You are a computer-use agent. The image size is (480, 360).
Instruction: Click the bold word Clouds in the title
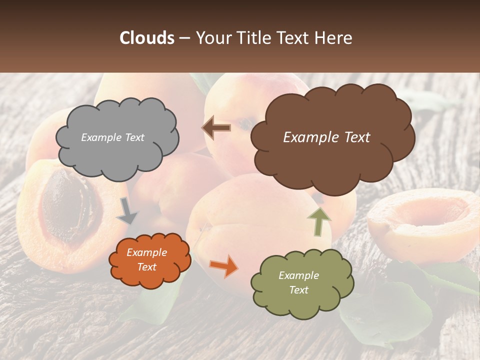[x=147, y=38]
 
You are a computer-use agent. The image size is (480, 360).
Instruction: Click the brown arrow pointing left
[x=216, y=127]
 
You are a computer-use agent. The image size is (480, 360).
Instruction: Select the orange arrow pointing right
[x=223, y=265]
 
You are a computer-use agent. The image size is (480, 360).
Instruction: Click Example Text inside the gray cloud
[x=112, y=137]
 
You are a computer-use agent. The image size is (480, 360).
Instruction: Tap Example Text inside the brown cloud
[x=326, y=137]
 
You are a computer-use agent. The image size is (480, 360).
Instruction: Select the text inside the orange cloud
[x=147, y=260]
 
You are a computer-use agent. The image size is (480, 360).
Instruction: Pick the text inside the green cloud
[x=298, y=283]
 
